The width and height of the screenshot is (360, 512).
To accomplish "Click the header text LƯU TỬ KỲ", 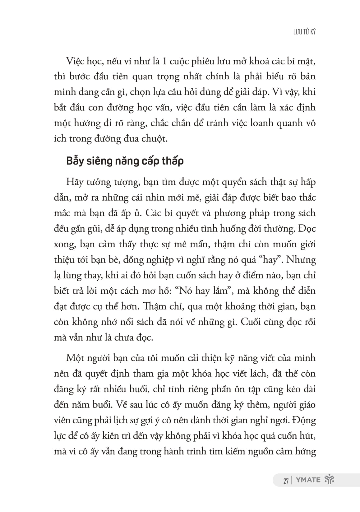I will pyautogui.click(x=304, y=32).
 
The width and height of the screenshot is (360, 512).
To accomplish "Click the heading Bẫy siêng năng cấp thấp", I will pyautogui.click(x=125, y=161).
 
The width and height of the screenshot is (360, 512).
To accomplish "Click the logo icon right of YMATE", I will pyautogui.click(x=329, y=480).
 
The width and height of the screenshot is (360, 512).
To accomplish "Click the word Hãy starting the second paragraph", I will pyautogui.click(x=73, y=182).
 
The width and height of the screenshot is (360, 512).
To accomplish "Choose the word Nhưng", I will pyautogui.click(x=302, y=260).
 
